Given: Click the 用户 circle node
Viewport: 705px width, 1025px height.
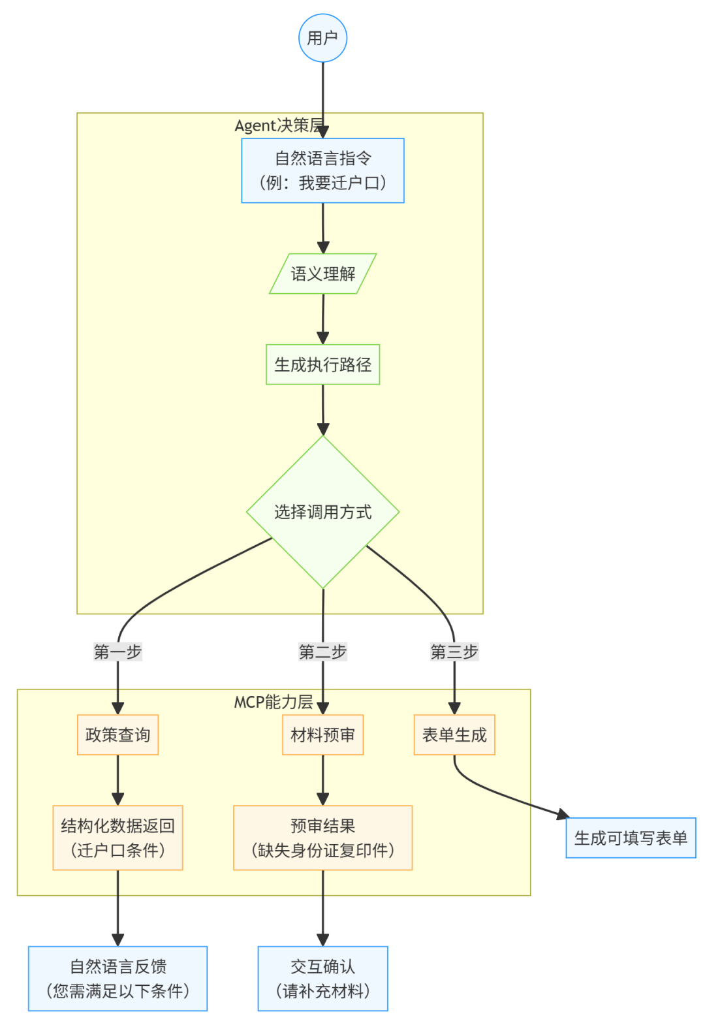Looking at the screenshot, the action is click(322, 38).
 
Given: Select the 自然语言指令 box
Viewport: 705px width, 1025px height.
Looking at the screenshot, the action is click(322, 170).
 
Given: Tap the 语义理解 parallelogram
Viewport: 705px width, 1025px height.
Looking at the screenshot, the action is click(322, 274).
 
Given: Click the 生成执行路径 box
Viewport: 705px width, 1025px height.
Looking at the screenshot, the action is click(322, 364).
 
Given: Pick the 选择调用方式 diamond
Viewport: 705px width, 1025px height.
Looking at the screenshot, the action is click(322, 512).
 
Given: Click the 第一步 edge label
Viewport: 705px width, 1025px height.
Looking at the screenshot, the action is click(117, 652).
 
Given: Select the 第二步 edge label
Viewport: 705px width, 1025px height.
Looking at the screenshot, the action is click(322, 652).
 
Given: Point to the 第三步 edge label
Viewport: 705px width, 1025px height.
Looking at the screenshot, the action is click(454, 652).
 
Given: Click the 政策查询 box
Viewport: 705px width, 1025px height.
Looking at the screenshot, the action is click(117, 734).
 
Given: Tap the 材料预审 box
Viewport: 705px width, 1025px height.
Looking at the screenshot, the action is click(322, 734).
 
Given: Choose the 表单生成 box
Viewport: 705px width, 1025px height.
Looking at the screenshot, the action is click(454, 734).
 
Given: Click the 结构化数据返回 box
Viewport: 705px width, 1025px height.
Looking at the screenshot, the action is click(117, 838).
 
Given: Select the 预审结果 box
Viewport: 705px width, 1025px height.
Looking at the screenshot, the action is click(322, 838).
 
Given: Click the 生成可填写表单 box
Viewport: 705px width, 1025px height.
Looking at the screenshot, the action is click(631, 838).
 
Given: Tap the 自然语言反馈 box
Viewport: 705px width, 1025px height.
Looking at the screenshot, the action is click(117, 979).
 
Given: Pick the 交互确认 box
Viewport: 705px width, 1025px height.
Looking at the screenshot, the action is click(322, 979).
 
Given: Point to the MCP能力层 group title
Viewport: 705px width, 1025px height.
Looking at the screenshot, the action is click(274, 701).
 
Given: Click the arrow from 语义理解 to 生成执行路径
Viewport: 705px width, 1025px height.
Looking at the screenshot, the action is click(323, 319).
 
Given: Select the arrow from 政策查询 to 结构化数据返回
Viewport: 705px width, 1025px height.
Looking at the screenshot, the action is click(117, 780).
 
